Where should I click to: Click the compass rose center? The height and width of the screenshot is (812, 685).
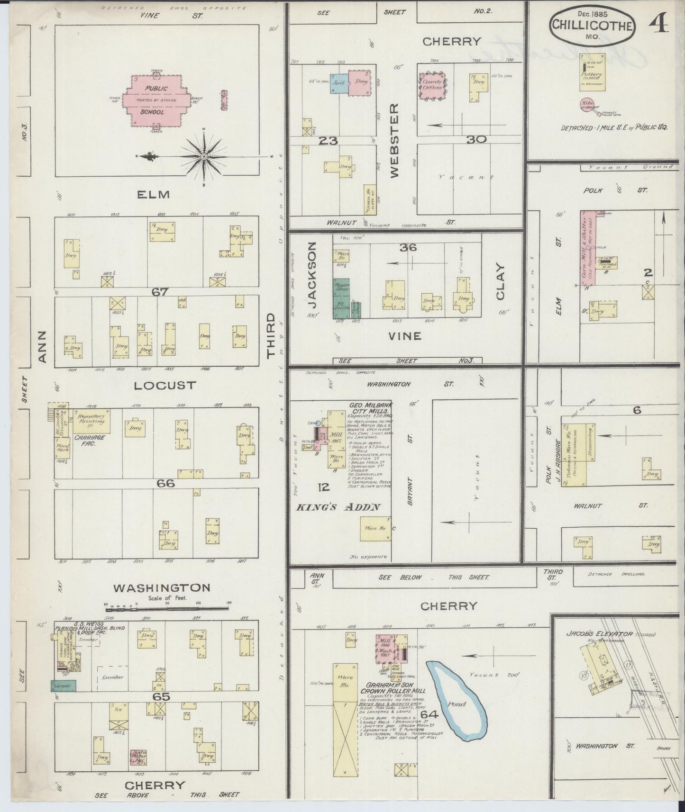pyautogui.click(x=204, y=156)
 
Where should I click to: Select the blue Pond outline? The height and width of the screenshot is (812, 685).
pyautogui.click(x=456, y=701)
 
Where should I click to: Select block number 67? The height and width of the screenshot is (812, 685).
pyautogui.click(x=160, y=292)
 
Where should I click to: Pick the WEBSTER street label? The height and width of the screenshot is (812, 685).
pyautogui.click(x=395, y=141)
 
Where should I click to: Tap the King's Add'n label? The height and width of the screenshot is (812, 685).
pyautogui.click(x=338, y=507)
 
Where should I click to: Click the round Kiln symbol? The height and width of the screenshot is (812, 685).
pyautogui.click(x=586, y=104)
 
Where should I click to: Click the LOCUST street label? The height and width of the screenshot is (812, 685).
pyautogui.click(x=164, y=385)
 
